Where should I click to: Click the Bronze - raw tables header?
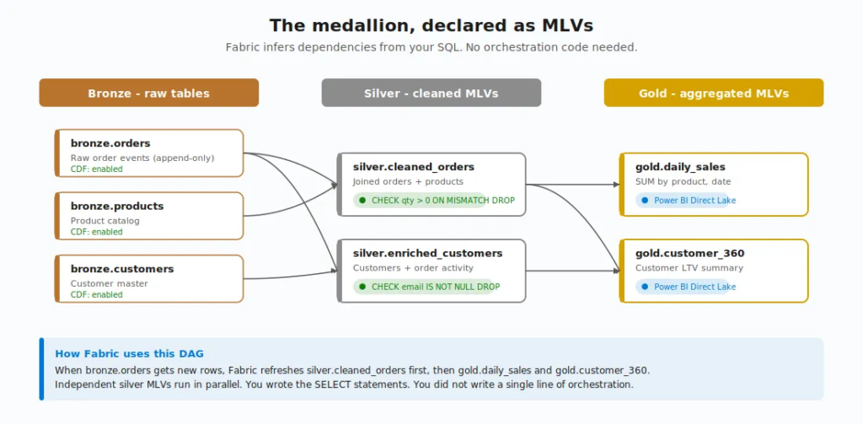(148, 93)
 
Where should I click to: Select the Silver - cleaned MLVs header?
(431, 93)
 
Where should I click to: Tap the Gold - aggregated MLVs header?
(713, 93)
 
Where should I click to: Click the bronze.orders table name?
(110, 143)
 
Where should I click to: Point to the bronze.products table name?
(117, 206)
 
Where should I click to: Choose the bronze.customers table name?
(122, 269)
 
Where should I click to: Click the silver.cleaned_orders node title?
(414, 167)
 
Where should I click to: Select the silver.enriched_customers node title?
(427, 253)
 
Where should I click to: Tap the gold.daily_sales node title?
(680, 167)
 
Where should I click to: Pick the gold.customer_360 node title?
(689, 253)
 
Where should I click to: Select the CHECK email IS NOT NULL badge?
(429, 287)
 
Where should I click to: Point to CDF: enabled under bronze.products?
(96, 232)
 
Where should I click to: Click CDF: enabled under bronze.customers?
(96, 295)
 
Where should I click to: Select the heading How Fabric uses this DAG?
(129, 354)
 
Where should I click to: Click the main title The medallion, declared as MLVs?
(431, 25)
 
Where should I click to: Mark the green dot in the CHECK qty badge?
(362, 201)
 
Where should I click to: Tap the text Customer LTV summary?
(689, 268)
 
